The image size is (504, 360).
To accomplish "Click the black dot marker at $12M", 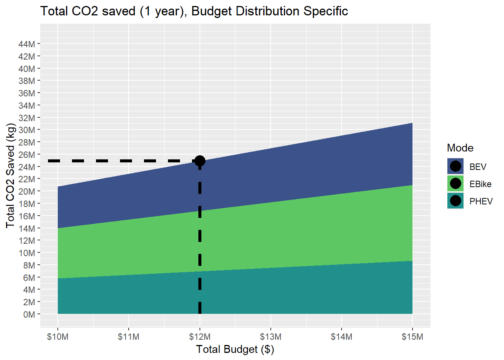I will pyautogui.click(x=200, y=161).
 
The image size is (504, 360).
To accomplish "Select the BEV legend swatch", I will pyautogui.click(x=455, y=166).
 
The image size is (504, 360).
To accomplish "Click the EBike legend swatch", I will pyautogui.click(x=455, y=183).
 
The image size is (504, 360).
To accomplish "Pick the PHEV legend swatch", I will pyautogui.click(x=455, y=201).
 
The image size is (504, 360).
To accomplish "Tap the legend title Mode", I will pyautogui.click(x=460, y=148).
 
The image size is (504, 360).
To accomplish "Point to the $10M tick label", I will pyautogui.click(x=58, y=337).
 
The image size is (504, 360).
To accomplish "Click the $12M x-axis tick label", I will pyautogui.click(x=200, y=337).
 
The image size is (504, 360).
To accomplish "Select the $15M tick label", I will pyautogui.click(x=412, y=337).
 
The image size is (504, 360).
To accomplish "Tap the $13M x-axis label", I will pyautogui.click(x=271, y=337).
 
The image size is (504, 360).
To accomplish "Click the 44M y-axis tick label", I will pyautogui.click(x=27, y=44).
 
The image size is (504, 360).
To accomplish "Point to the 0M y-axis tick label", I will pyautogui.click(x=29, y=315).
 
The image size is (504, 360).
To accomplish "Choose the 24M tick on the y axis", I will pyautogui.click(x=27, y=167).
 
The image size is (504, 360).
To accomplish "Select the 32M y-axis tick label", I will pyautogui.click(x=27, y=118).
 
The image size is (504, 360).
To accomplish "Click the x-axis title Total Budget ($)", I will pyautogui.click(x=235, y=349).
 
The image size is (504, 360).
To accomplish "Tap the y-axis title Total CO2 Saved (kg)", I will pyautogui.click(x=10, y=175).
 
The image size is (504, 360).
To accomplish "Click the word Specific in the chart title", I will pyautogui.click(x=325, y=11).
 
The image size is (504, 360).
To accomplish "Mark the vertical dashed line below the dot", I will pyautogui.click(x=200, y=240).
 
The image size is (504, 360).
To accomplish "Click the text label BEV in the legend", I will pyautogui.click(x=478, y=167).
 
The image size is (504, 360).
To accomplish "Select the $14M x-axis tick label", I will pyautogui.click(x=341, y=337).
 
